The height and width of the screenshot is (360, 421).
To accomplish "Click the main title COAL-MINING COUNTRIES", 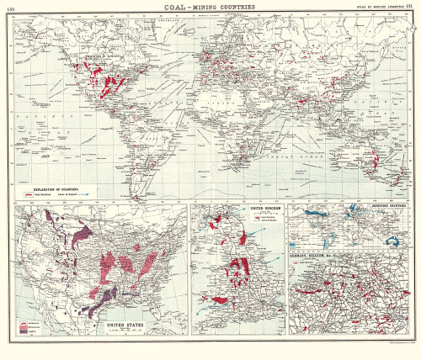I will (210, 7).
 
